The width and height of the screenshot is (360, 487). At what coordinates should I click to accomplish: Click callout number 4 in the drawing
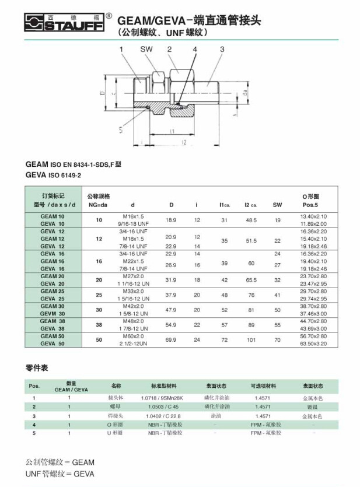[195, 50]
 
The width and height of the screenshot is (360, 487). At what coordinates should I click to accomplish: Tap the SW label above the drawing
[146, 50]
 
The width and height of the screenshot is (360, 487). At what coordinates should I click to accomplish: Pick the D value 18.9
[171, 220]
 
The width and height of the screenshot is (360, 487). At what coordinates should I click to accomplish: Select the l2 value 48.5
[251, 220]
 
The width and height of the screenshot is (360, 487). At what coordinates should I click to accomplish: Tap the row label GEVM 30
[53, 313]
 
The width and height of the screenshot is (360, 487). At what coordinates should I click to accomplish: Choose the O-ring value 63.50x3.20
[313, 344]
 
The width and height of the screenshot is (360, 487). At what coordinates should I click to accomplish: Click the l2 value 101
[251, 339]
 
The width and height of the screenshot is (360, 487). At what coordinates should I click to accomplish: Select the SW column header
[277, 204]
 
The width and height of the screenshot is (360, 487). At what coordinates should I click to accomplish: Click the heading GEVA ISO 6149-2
[53, 174]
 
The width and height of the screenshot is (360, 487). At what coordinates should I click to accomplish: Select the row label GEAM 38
[53, 321]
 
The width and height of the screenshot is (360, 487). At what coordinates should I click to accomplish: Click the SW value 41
[277, 295]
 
